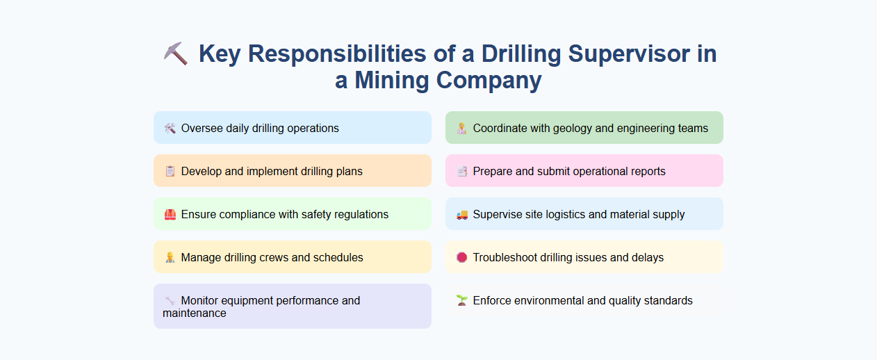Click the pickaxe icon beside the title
point(176,54)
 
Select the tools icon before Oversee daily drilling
point(170,128)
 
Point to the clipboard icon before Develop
point(170,171)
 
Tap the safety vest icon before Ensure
point(170,214)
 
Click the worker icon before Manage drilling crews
point(170,257)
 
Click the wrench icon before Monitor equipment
point(170,300)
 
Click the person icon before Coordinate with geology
point(461,128)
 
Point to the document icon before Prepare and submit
point(461,171)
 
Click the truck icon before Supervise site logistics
point(461,214)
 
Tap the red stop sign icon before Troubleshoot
point(461,257)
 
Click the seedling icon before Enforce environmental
point(461,300)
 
